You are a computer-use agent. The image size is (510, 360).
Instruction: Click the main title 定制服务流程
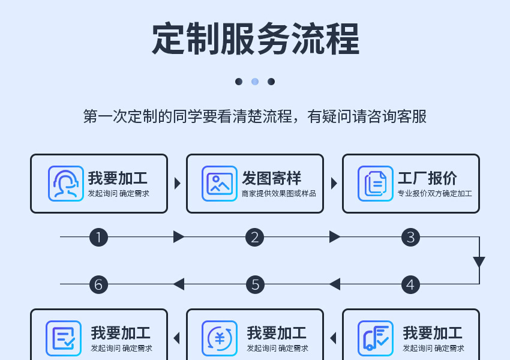coord(255,40)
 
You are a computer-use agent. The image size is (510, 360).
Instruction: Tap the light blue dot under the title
coord(255,82)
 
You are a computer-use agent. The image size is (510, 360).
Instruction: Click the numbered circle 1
coord(98,237)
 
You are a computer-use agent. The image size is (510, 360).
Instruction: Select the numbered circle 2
coord(254,237)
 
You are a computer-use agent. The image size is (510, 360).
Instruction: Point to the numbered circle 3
coord(410,237)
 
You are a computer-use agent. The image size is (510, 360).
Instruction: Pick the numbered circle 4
coord(410,284)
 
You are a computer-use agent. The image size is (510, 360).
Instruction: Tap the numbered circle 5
coord(254,284)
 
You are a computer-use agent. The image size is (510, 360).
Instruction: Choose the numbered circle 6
coord(98,284)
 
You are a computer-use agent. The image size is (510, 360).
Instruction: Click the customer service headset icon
coord(65,183)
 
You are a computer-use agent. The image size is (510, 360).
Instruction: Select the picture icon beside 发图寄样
coord(219,183)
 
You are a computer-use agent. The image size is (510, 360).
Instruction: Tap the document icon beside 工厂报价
coord(375,183)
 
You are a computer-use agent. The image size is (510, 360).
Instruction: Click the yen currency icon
coord(219,338)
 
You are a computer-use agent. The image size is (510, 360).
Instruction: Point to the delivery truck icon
coord(375,338)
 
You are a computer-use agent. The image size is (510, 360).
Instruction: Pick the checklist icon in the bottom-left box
coord(64,338)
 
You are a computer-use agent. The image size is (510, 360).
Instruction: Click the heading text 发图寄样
coord(271,178)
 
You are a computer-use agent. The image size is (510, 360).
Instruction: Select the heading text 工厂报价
coord(427,178)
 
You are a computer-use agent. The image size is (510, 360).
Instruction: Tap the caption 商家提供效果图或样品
coord(278,194)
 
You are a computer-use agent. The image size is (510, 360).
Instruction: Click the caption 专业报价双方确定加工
coord(434,194)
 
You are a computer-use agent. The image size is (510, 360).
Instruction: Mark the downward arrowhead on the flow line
coord(479,262)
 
